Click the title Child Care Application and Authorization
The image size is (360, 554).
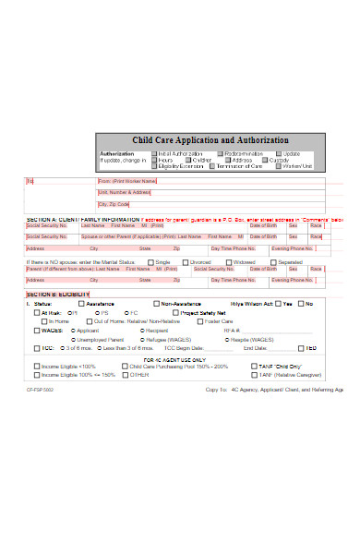click(210, 139)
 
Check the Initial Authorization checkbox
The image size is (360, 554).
click(154, 153)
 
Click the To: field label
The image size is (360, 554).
click(30, 181)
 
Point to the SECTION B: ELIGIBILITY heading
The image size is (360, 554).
click(58, 294)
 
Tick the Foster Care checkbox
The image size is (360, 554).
click(197, 320)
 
